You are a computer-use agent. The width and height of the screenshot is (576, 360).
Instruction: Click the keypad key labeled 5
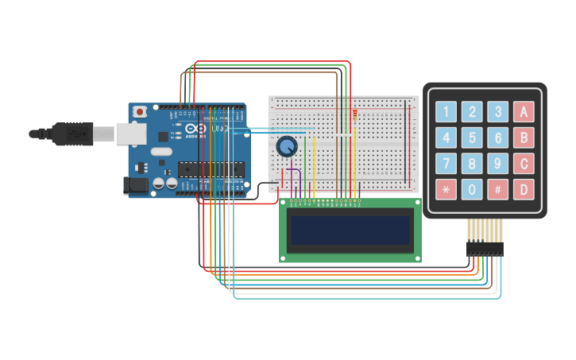[472, 137]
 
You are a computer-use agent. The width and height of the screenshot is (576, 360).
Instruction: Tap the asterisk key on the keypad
[446, 190]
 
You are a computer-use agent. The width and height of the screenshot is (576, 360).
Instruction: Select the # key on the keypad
[497, 190]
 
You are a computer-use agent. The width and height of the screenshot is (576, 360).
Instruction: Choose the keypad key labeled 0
[472, 190]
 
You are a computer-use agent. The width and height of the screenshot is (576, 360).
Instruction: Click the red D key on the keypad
[524, 190]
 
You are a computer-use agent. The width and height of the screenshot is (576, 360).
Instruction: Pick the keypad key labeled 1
[446, 111]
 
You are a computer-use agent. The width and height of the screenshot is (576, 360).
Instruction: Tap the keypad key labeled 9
[497, 164]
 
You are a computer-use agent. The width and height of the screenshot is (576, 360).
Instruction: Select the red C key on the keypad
[524, 164]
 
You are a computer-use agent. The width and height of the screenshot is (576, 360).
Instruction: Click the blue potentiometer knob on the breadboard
[286, 146]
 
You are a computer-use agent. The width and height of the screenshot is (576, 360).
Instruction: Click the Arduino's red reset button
[141, 112]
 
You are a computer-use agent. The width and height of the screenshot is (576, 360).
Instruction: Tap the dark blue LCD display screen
[350, 230]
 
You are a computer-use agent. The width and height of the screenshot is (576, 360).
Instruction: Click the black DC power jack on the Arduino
[135, 185]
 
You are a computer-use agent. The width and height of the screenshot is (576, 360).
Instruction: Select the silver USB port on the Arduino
[130, 133]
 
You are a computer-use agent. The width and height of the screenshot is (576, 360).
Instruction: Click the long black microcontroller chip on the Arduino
[211, 168]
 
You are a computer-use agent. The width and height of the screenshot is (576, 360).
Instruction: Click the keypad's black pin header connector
[485, 249]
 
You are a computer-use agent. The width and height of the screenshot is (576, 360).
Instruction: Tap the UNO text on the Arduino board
[220, 129]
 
